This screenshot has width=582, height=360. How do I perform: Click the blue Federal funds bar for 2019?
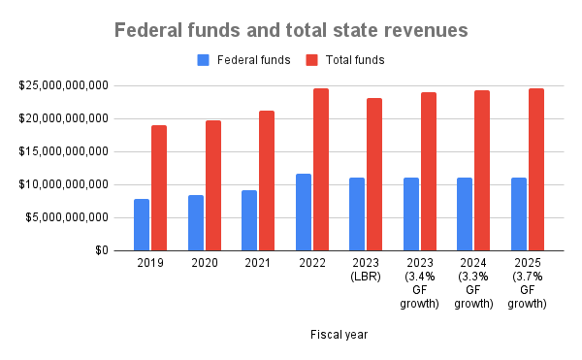(x=142, y=224)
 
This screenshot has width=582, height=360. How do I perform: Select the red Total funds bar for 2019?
(x=159, y=187)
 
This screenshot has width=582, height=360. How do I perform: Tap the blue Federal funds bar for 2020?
(x=196, y=222)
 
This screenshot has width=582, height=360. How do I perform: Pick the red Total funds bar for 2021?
(x=267, y=180)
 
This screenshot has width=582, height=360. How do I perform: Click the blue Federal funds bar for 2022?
(x=304, y=212)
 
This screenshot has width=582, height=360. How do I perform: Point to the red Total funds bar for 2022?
(x=321, y=169)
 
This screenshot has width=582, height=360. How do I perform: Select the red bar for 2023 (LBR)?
(x=374, y=174)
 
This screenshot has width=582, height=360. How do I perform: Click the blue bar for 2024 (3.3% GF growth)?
(x=465, y=213)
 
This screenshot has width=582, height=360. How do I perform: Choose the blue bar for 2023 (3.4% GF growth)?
(x=411, y=213)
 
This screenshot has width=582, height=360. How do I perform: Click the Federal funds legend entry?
(x=243, y=60)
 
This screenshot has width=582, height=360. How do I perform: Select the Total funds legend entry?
(x=345, y=60)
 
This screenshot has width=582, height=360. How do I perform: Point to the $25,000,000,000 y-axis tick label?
(x=62, y=86)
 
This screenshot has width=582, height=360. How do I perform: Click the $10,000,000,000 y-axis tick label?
(x=62, y=184)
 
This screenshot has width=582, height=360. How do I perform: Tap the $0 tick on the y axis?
(x=100, y=250)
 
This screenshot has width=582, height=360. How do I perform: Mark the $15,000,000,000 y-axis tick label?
(x=62, y=151)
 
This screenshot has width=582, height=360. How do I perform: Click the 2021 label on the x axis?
(x=258, y=263)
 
